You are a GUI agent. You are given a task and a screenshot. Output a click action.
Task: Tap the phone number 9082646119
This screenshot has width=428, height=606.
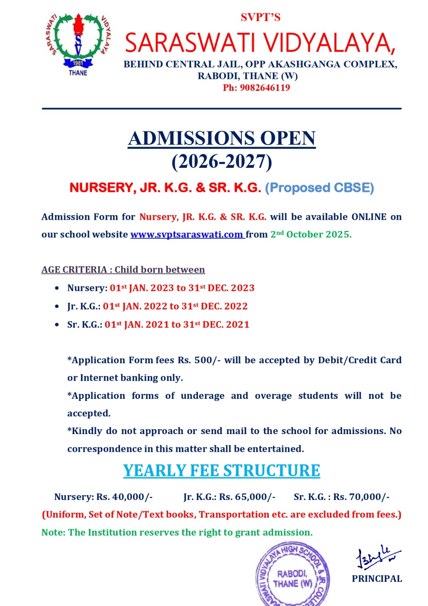265,88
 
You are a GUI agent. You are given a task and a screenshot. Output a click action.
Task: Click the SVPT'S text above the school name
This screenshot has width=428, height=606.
260,17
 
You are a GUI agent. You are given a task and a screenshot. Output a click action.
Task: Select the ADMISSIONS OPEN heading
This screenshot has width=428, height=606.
222,138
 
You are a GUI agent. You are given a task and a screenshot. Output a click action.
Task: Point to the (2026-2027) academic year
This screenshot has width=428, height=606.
222,162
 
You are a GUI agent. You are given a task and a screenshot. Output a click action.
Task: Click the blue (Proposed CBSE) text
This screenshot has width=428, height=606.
319,188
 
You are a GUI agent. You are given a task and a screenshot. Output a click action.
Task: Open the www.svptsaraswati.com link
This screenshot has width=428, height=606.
187,234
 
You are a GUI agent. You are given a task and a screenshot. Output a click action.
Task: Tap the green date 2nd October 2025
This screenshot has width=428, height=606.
311,234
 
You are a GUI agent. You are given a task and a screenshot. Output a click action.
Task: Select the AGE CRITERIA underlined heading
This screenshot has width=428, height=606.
123,270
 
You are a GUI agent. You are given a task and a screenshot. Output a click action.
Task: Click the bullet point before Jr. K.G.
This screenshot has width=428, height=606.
57,306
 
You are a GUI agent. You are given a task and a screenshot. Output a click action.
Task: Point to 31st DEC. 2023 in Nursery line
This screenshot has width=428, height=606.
221,288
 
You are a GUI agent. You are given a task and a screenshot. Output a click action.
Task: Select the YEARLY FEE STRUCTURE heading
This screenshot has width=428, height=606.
221,471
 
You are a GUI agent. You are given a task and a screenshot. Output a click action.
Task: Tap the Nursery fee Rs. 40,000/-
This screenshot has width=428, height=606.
125,497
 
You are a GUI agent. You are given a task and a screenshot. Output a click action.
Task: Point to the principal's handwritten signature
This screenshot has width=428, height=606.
377,557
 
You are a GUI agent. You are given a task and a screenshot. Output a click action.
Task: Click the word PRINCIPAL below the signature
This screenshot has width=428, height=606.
377,579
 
